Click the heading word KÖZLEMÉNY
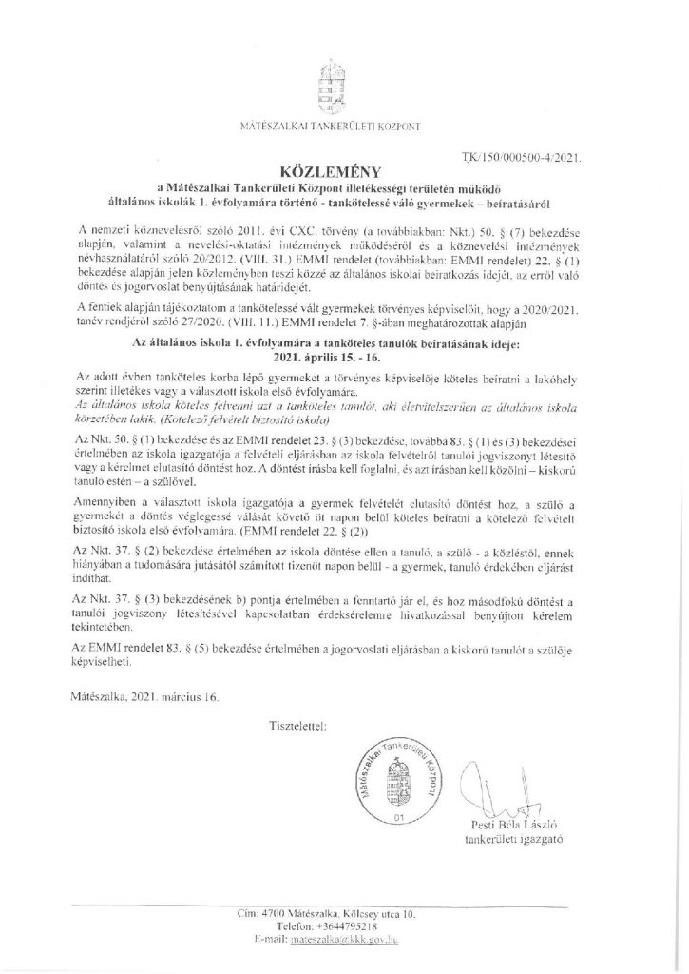coord(343,173)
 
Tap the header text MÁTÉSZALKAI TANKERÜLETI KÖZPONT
coord(343,126)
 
